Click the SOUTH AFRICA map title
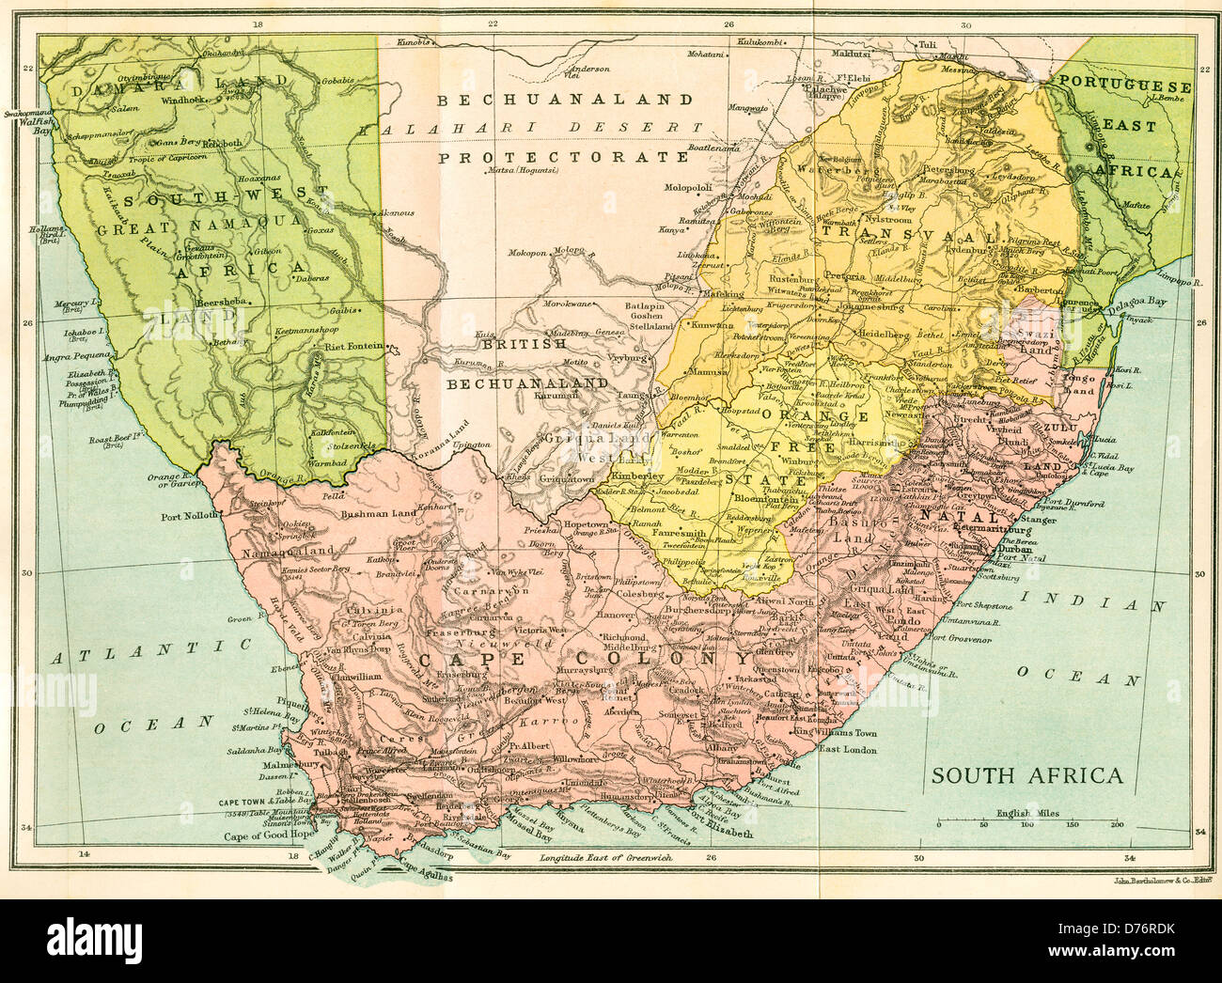click(x=1027, y=775)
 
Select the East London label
click(x=847, y=749)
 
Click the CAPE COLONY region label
click(x=572, y=660)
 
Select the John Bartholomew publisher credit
click(x=1166, y=881)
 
